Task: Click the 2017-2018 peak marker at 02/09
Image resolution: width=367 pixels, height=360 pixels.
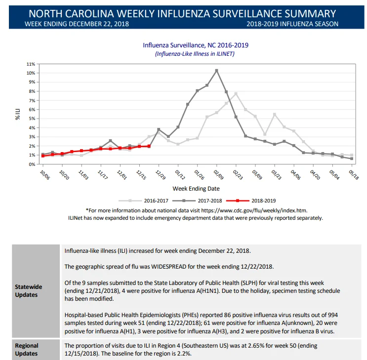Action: coord(216,71)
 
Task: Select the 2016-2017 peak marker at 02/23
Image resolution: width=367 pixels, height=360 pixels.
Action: coord(236,94)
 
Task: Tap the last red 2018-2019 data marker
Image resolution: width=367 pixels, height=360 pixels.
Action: coord(149,146)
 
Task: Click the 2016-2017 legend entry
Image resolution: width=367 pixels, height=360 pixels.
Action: coord(143,200)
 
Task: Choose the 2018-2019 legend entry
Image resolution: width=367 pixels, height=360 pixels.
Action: coord(251,200)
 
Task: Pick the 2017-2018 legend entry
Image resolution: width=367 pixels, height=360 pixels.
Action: coord(197,200)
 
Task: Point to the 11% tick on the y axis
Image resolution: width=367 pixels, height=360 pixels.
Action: coord(31,64)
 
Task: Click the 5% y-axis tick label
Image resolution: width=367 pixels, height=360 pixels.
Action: coord(32,119)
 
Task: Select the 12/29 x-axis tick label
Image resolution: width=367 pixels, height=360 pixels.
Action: coord(161,175)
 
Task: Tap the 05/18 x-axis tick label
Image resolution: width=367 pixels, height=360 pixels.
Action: coord(354,175)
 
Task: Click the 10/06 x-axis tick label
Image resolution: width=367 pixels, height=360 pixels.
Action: coord(45,175)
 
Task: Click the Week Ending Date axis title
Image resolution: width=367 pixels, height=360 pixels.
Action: coord(196,189)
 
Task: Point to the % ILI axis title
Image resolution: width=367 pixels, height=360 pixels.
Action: coord(18,114)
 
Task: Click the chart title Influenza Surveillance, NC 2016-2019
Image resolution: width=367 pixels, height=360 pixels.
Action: coord(196,45)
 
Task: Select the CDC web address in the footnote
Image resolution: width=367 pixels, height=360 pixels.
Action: coord(254,210)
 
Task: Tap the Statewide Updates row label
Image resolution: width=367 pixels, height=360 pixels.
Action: coord(29,291)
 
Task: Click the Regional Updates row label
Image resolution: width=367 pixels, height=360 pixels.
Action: coord(27,350)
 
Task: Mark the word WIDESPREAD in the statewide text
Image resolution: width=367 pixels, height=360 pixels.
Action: coord(169,267)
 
